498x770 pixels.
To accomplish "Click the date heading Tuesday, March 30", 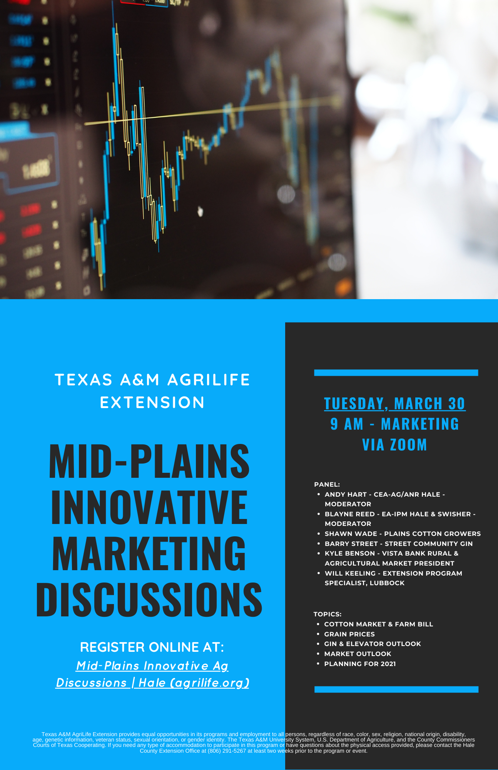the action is pos(395,403).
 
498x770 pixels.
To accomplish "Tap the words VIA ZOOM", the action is pos(395,445).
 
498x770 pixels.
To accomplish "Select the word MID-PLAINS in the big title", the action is pos(149,461).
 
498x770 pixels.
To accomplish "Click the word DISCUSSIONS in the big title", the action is pos(149,599).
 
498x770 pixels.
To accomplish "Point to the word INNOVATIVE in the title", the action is pos(149,507).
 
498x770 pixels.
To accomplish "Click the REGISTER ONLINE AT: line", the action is pos(152,647).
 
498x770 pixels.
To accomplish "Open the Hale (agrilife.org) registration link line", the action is pos(152,683).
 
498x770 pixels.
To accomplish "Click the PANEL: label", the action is pos(327,484).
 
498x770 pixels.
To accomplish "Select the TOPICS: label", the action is pos(328,614).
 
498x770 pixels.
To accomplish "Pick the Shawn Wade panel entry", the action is pos(403,534).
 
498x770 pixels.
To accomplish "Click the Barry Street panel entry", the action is pos(399,544).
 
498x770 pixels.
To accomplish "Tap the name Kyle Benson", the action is pos(350,553).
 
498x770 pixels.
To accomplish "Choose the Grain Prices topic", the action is pos(349,634).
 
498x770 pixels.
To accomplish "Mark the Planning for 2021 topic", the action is pos(360,664).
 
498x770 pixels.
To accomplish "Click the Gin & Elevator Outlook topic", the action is pos(373,644).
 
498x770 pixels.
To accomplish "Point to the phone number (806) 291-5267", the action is pos(227,751).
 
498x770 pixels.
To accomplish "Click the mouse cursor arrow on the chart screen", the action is pos(200,211).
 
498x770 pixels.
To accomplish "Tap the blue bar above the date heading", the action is pos(396,373).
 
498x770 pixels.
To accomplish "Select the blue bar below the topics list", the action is pos(396,689).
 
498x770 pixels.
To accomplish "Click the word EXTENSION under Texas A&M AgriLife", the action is pos(152,403).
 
